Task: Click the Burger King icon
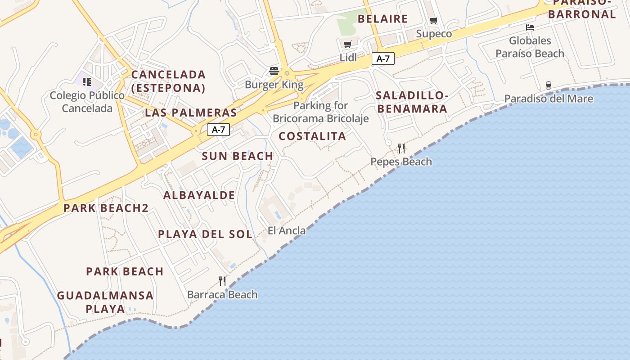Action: [274, 71]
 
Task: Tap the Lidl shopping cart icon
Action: [347, 44]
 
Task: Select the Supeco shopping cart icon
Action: [433, 20]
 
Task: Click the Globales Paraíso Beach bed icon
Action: [530, 27]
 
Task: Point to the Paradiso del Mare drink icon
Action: [548, 85]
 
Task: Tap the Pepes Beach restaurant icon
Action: [401, 148]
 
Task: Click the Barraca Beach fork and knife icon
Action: [222, 281]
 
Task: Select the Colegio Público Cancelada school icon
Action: [87, 82]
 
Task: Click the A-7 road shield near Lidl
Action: [383, 58]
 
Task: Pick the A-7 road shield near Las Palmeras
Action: [219, 130]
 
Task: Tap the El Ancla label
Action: [287, 231]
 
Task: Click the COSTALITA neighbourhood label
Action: [312, 136]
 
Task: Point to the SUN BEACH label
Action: [238, 156]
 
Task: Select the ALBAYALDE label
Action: [199, 195]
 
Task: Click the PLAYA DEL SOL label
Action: [205, 234]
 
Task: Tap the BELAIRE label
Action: [382, 19]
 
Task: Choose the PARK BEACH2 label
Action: [106, 208]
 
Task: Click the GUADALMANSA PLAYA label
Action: [105, 302]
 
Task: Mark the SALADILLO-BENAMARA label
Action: [412, 102]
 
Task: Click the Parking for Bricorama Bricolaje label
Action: [321, 112]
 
